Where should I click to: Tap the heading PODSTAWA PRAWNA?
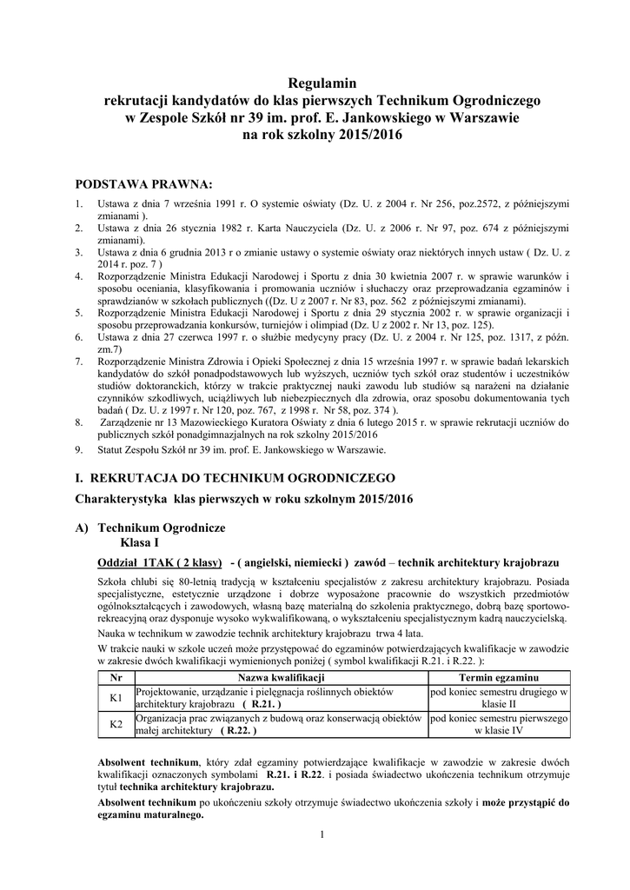143,184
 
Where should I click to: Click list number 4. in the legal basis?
78,276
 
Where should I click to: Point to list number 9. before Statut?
78,449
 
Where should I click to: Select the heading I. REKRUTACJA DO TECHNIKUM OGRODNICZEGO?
235,478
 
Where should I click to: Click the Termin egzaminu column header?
499,676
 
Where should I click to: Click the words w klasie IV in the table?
500,731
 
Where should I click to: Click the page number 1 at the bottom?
322,835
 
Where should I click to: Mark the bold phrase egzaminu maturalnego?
151,815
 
